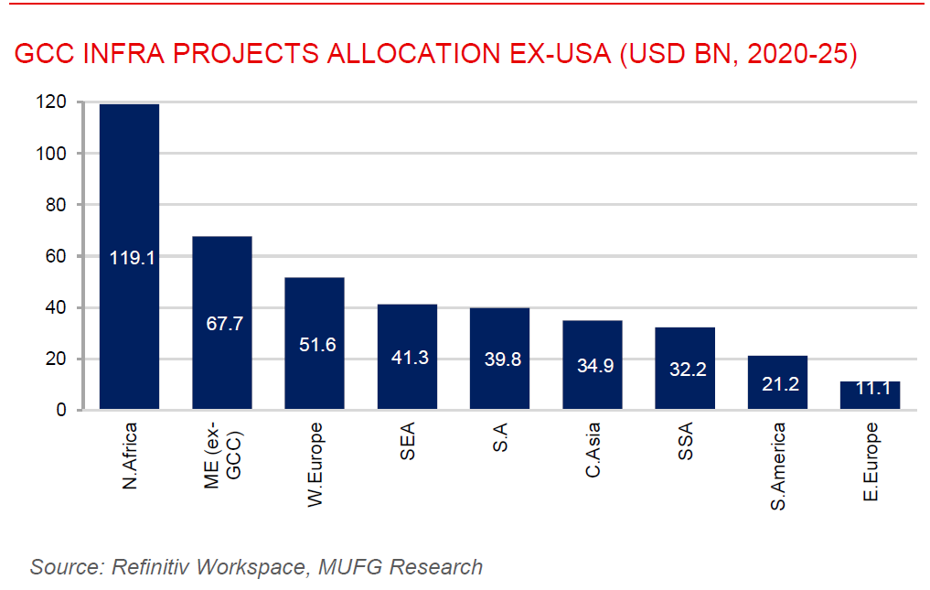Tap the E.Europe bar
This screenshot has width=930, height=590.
click(870, 395)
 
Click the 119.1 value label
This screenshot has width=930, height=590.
click(133, 258)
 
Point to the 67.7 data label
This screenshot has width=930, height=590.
click(222, 324)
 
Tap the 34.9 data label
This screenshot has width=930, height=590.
click(593, 366)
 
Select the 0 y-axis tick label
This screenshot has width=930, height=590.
click(62, 410)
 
